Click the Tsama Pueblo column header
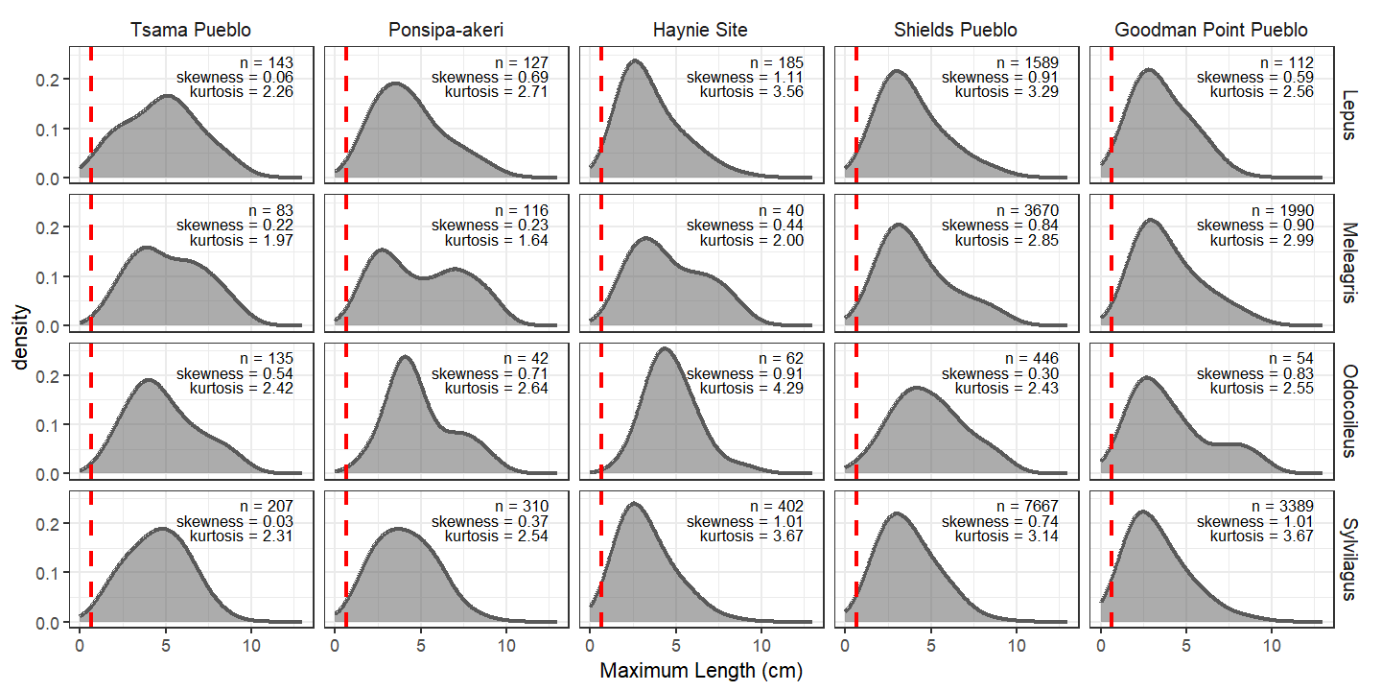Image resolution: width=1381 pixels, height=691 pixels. pos(191,31)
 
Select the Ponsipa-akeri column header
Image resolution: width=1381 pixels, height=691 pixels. pos(445,31)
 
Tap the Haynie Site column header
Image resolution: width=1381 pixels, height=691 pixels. pos(700,31)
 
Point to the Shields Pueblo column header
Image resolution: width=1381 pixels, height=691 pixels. pos(955,31)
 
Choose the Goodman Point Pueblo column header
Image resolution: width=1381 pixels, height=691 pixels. pos(1210,31)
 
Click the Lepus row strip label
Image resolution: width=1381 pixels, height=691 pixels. pos(1349,114)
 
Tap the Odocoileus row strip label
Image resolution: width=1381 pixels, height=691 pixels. pos(1349,411)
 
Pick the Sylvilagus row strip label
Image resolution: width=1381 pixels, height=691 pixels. pos(1349,559)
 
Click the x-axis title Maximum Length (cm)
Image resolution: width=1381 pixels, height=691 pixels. pos(700,671)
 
